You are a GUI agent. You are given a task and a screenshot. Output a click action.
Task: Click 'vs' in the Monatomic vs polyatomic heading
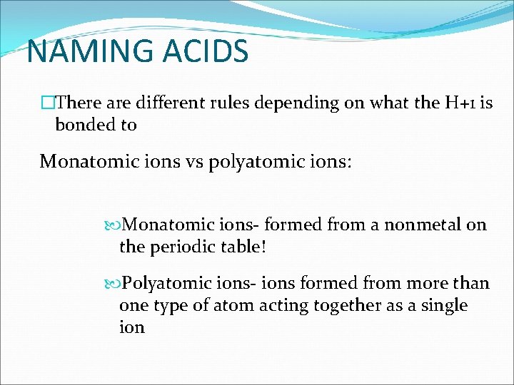click(191, 162)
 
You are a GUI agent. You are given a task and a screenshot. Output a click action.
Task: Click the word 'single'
click(443, 305)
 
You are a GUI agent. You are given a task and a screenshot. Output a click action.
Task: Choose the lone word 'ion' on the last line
click(132, 327)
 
